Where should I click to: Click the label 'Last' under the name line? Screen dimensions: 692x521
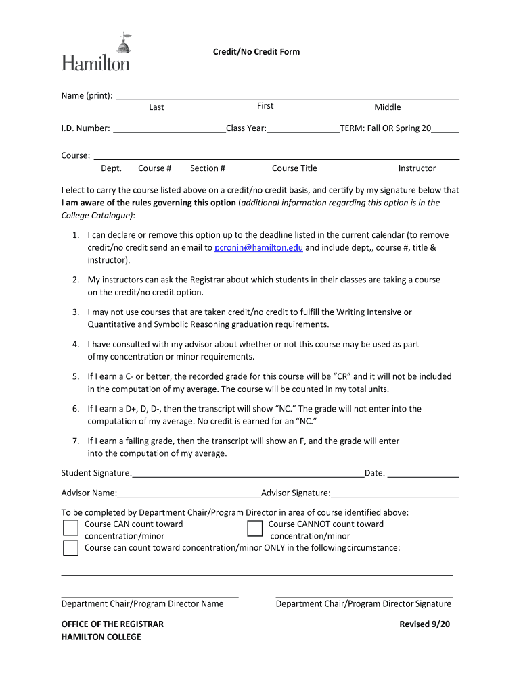coord(156,107)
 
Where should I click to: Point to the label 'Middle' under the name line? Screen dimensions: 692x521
coord(388,107)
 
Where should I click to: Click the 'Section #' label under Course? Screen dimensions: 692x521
coord(207,168)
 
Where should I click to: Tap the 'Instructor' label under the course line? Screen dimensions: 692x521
coord(417,168)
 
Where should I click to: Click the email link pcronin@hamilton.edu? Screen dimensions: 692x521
coord(258,248)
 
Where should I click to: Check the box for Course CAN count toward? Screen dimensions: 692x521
coord(70,528)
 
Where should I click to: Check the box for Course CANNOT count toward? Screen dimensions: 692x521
coord(254,528)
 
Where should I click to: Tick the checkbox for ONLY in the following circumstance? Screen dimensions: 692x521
coord(70,548)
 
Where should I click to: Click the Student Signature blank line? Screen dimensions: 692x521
coord(248,474)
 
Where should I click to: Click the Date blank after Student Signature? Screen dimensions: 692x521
coord(423,474)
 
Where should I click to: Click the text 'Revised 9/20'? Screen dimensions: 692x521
coord(424,624)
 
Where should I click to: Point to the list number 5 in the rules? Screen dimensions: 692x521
coord(76,376)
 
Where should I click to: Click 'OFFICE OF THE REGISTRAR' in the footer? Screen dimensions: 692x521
coord(112,624)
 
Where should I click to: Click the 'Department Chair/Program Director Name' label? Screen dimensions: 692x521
coord(142,604)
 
